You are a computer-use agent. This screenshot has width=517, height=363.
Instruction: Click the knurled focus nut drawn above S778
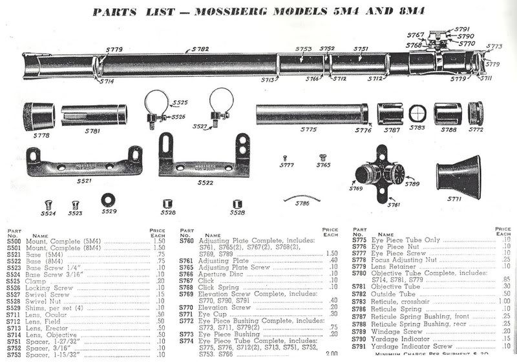tap(36, 116)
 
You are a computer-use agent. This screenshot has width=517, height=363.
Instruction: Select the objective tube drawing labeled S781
tap(95, 115)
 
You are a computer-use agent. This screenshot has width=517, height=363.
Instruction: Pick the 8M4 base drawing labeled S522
tap(204, 154)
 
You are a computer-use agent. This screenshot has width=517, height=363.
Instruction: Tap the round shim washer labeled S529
tap(108, 198)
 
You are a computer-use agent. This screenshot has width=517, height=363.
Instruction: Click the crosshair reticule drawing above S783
tap(417, 115)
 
